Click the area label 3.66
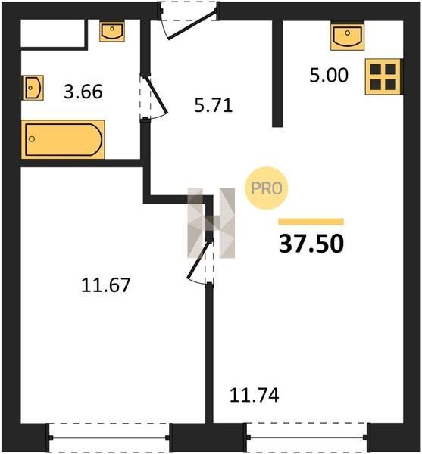(x=83, y=92)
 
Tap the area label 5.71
(x=214, y=105)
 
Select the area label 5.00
(x=329, y=75)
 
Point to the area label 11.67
(x=106, y=285)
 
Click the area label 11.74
(x=255, y=395)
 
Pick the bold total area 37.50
(x=311, y=244)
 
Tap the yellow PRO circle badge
(x=267, y=188)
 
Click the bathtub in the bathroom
(x=63, y=140)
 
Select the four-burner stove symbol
(x=384, y=76)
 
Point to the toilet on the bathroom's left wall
(x=33, y=88)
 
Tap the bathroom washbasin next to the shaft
(x=112, y=30)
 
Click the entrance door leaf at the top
(x=192, y=26)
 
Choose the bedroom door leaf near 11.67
(x=198, y=259)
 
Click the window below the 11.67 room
(x=109, y=438)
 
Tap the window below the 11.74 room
(x=308, y=438)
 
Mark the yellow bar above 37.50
(x=311, y=222)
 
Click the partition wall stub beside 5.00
(x=277, y=74)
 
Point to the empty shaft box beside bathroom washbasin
(x=52, y=33)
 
